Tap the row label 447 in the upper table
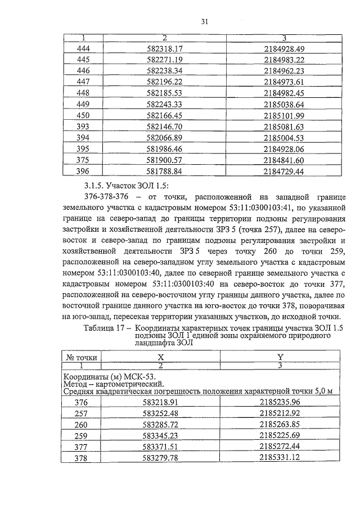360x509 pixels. click(82, 82)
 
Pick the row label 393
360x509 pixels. click(82, 127)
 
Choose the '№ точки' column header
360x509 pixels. click(82, 357)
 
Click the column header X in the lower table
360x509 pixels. click(161, 357)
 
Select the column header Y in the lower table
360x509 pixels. click(281, 357)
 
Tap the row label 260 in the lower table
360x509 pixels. click(82, 424)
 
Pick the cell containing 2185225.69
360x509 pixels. click(281, 435)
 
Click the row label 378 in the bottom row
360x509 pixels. click(82, 458)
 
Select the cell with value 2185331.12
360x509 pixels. click(281, 458)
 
